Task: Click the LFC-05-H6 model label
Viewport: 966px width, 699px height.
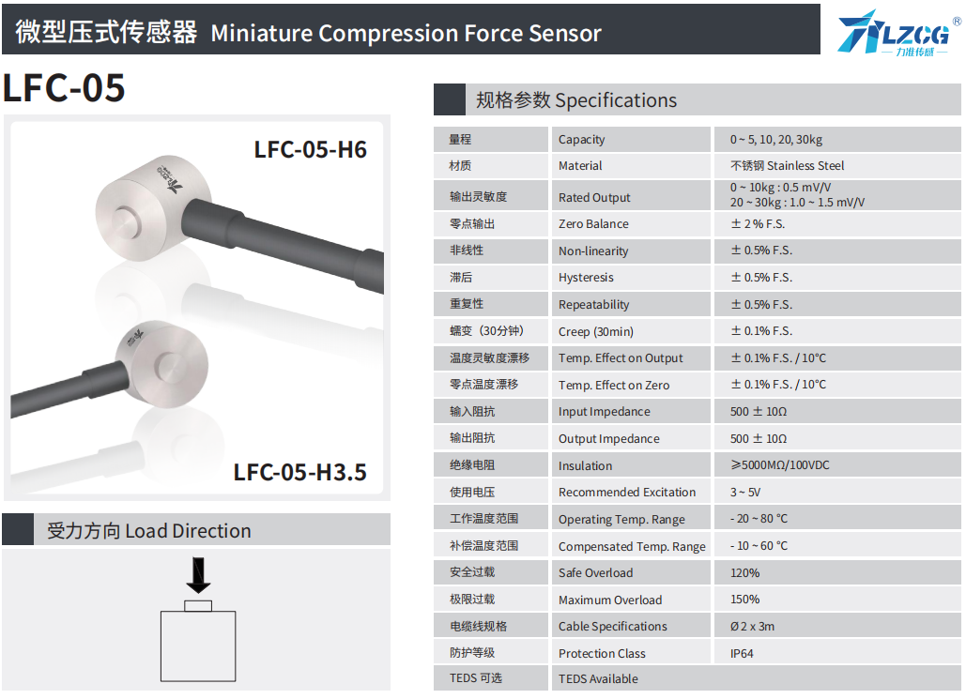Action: (x=311, y=150)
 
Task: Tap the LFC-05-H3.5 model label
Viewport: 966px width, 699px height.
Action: (x=300, y=472)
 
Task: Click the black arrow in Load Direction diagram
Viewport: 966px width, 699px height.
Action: (x=198, y=575)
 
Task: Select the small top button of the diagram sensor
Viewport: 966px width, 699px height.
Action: (x=198, y=606)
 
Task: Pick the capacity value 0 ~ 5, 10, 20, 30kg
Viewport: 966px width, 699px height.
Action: (x=776, y=140)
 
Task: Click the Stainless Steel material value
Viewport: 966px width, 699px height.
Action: (x=788, y=166)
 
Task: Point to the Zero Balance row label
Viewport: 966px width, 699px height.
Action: (x=593, y=224)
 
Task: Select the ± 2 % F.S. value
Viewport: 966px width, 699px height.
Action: (x=758, y=223)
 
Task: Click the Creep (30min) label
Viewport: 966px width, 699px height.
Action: (x=596, y=331)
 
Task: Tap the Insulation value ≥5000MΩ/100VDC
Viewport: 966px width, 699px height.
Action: (x=780, y=465)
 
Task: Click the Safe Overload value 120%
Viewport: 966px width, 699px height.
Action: (x=744, y=572)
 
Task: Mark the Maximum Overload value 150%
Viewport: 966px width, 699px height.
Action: (x=744, y=600)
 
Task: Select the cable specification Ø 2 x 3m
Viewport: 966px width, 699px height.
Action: (x=752, y=627)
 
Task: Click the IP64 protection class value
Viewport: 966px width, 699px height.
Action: (x=742, y=653)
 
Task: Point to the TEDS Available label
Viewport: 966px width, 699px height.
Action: (x=598, y=678)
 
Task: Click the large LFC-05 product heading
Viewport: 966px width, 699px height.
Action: (x=64, y=87)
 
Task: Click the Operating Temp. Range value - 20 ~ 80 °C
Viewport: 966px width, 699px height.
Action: (x=759, y=519)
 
